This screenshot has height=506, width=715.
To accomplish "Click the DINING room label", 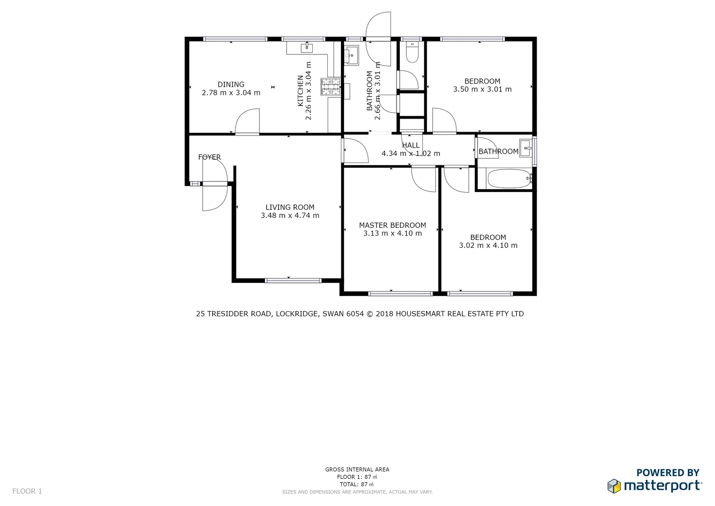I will pyautogui.click(x=231, y=85).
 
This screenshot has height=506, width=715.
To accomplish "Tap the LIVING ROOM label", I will pyautogui.click(x=290, y=207).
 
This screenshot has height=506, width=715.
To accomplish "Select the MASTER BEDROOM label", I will pyautogui.click(x=392, y=225).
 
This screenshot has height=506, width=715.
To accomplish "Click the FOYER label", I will pyautogui.click(x=209, y=157).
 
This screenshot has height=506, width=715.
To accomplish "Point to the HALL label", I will pyautogui.click(x=411, y=145).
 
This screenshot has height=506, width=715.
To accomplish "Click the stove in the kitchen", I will pyautogui.click(x=331, y=87).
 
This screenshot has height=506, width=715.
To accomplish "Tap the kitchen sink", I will pyautogui.click(x=307, y=47).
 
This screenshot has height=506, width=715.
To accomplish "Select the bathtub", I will pyautogui.click(x=509, y=179).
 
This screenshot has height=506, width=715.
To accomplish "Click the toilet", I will pyautogui.click(x=412, y=53).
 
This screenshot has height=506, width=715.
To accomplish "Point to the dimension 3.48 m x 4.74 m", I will pyautogui.click(x=290, y=216).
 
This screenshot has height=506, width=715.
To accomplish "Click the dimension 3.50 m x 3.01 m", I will pyautogui.click(x=482, y=89).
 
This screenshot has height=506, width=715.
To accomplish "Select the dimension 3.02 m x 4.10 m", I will pyautogui.click(x=488, y=246).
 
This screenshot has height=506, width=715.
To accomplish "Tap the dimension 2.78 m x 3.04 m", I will pyautogui.click(x=231, y=93).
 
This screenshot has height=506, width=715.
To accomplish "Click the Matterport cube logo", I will pyautogui.click(x=614, y=486).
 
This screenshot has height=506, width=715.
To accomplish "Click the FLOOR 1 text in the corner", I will pyautogui.click(x=27, y=491).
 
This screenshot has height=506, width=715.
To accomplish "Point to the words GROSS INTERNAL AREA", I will pyautogui.click(x=357, y=469).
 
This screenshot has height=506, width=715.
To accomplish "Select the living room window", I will pyautogui.click(x=293, y=281).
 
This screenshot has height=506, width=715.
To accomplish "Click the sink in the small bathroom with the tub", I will pyautogui.click(x=525, y=148).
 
